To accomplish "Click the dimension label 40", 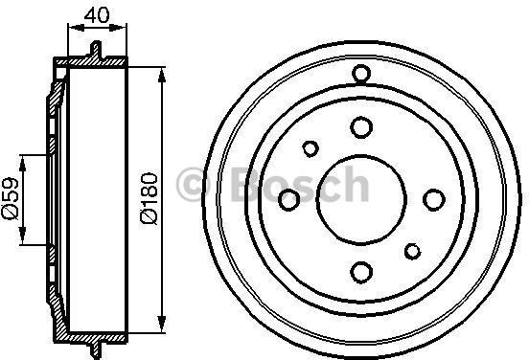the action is click(x=97, y=15).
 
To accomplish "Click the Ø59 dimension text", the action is click(x=11, y=198).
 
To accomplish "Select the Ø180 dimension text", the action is click(x=149, y=198).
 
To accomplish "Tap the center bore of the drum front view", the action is click(x=361, y=199).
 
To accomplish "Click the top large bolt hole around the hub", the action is click(x=361, y=127).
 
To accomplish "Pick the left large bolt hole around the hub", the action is click(x=289, y=199).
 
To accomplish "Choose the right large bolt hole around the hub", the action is click(x=434, y=199).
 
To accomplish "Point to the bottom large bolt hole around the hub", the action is click(x=361, y=272).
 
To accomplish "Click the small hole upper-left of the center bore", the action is click(x=310, y=148).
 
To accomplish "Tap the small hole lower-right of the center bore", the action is click(x=413, y=251).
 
